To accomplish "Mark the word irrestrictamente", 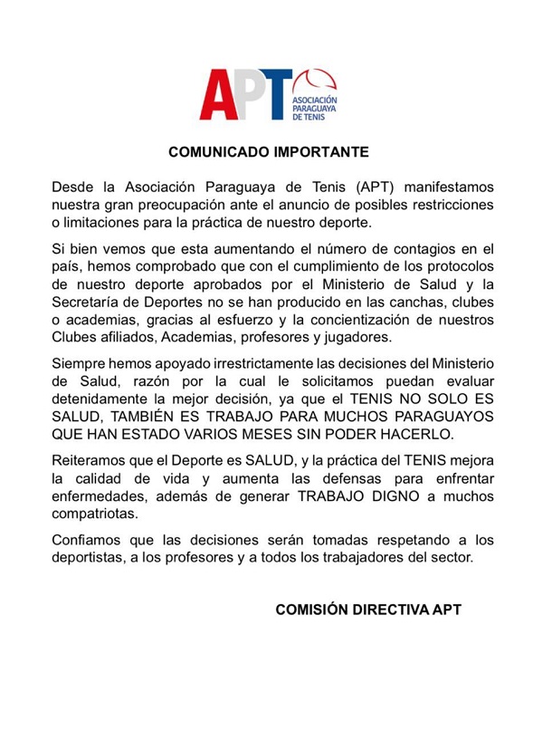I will [261, 364].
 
